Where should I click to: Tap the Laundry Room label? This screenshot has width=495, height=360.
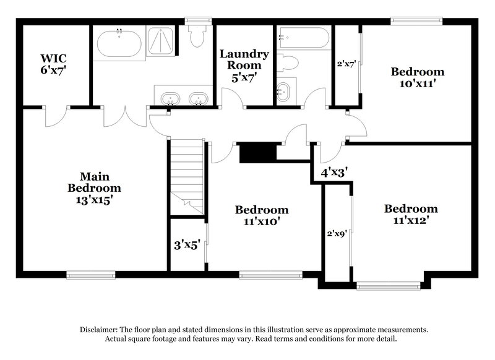(x=244, y=64)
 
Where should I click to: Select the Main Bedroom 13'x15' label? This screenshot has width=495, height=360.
(x=94, y=187)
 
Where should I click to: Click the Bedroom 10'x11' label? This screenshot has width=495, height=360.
(x=417, y=77)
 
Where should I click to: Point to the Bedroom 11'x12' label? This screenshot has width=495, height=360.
(x=410, y=214)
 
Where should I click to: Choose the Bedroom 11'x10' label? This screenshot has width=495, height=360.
(x=261, y=215)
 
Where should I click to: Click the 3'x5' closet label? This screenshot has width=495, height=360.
(x=187, y=244)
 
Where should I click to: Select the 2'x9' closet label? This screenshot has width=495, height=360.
(x=337, y=234)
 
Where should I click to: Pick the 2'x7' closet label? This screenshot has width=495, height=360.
(x=346, y=64)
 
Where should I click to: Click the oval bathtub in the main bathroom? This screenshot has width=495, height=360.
(x=119, y=43)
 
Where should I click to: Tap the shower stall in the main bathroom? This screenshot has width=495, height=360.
(x=163, y=43)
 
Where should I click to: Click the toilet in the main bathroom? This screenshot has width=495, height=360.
(x=197, y=36)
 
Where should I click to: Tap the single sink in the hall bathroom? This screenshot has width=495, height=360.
(x=283, y=92)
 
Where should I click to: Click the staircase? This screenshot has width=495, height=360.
(x=186, y=176)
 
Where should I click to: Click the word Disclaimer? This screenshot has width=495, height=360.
(x=103, y=330)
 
